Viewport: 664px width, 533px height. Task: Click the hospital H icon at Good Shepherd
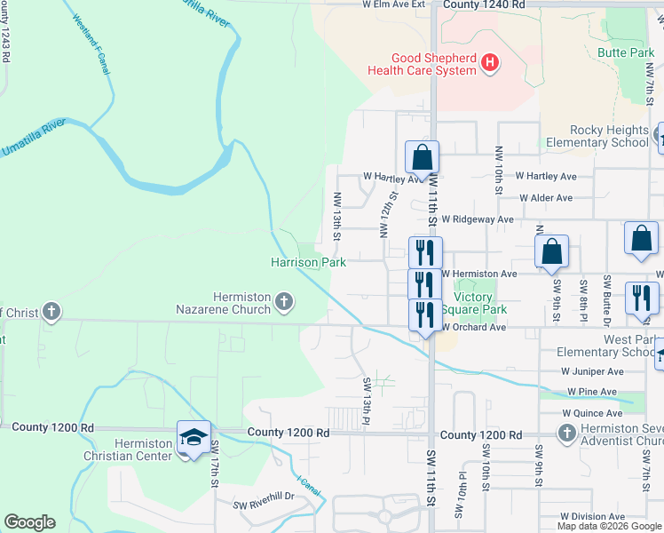click(x=490, y=62)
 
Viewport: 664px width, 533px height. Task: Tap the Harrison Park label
click(x=308, y=262)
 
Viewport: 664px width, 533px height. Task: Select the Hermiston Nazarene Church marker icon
click(x=283, y=302)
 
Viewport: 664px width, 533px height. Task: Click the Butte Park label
click(x=626, y=53)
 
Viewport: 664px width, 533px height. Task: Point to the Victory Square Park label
click(x=479, y=303)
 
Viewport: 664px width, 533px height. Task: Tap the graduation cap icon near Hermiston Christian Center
click(x=194, y=437)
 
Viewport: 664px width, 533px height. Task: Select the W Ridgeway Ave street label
click(x=478, y=219)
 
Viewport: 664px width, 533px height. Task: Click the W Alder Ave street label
click(x=546, y=198)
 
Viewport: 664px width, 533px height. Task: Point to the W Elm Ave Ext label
click(x=393, y=4)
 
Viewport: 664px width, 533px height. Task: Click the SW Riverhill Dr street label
click(x=263, y=505)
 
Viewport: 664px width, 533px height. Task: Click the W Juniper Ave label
click(x=592, y=371)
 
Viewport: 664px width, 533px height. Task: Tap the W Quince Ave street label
click(x=592, y=413)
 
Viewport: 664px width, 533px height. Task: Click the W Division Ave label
click(x=593, y=516)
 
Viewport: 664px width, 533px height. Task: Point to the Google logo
click(x=30, y=522)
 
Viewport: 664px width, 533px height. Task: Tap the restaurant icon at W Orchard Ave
click(x=425, y=315)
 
